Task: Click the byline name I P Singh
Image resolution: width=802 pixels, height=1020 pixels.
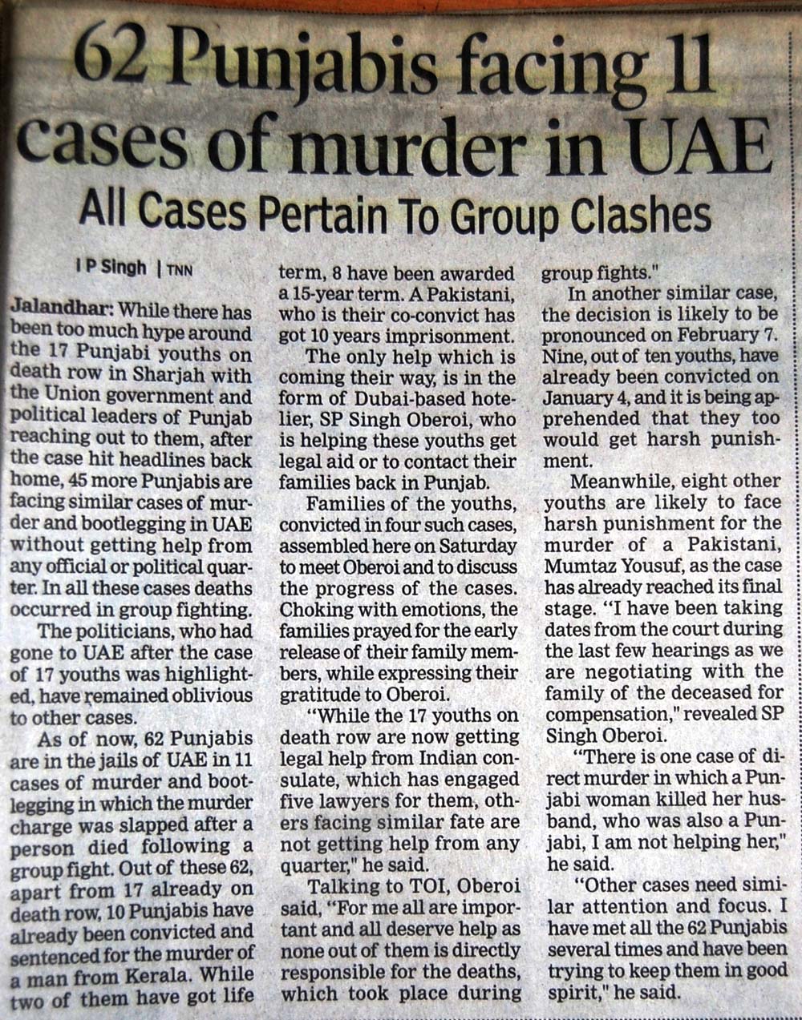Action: pyautogui.click(x=111, y=268)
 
